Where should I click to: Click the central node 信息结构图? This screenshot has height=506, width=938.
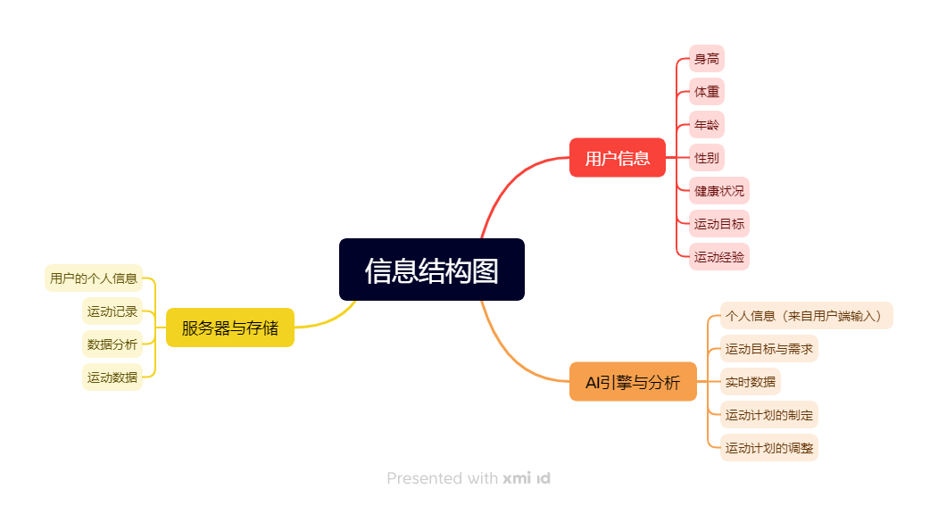431,270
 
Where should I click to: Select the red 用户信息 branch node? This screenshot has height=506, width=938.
618,158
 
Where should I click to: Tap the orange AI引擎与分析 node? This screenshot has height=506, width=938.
633,382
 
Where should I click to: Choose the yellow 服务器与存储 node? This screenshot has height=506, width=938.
229,328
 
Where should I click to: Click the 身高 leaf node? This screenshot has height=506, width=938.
707,59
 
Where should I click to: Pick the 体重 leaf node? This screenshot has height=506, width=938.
707,92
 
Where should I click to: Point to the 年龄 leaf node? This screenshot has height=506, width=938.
707,124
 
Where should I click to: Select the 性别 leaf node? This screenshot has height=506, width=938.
707,158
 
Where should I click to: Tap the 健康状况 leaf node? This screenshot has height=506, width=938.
719,191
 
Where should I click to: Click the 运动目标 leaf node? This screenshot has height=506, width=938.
719,224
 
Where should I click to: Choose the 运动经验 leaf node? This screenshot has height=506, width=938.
719,257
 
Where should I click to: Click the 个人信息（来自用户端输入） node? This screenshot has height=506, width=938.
807,316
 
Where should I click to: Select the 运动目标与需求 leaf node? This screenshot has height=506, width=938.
768,349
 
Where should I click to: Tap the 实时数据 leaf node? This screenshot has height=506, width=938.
751,382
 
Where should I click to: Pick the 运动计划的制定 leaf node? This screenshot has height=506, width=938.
768,414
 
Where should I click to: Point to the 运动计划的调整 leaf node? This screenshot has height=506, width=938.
768,447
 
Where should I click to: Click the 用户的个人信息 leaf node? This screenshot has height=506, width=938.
94,278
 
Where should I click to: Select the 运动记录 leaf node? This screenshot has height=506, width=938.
112,311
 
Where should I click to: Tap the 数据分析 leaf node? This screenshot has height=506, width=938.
112,344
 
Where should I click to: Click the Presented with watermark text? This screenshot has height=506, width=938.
442,478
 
